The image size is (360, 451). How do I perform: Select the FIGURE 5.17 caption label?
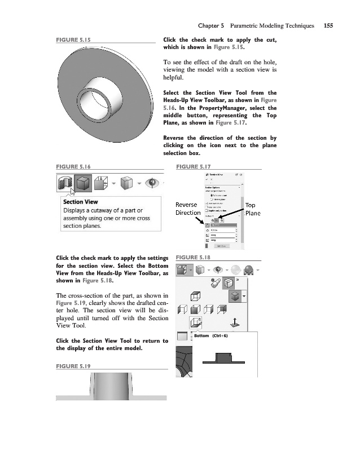pyautogui.click(x=194, y=167)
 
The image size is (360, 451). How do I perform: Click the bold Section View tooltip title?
pyautogui.click(x=81, y=202)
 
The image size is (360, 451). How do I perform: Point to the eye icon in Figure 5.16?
pyautogui.click(x=150, y=183)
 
